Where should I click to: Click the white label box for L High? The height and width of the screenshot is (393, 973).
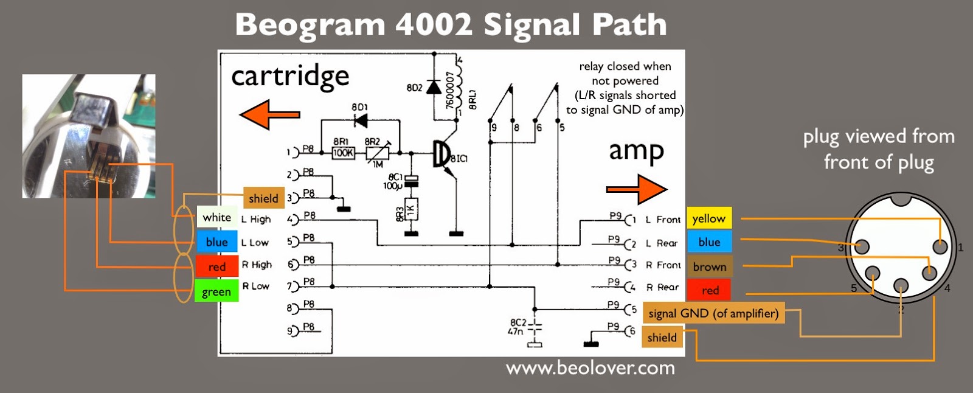[x=217, y=218]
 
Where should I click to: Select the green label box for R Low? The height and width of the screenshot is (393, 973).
[x=216, y=291]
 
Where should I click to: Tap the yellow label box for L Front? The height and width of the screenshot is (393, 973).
[x=708, y=218]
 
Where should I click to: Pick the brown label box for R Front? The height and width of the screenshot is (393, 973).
[x=709, y=266]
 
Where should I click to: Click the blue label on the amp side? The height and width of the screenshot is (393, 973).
[x=709, y=242]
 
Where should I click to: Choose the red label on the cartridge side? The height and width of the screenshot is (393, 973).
[x=216, y=266]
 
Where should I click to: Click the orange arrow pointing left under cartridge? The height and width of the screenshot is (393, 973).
[x=269, y=114]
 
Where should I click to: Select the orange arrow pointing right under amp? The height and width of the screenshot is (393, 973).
[x=637, y=189]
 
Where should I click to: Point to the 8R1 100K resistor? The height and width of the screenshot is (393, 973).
[x=343, y=153]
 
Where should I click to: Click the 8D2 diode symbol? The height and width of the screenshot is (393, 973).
[x=434, y=88]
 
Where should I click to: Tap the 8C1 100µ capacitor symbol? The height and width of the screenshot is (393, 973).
[x=412, y=180]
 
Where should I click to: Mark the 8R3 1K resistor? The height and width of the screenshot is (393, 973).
[x=411, y=210]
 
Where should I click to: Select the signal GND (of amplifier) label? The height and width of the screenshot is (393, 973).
[x=713, y=313]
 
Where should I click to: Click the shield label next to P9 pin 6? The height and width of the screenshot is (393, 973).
[x=662, y=338]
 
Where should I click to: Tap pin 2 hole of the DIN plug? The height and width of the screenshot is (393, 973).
[x=901, y=285]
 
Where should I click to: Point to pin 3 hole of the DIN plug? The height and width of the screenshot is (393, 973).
[x=862, y=246]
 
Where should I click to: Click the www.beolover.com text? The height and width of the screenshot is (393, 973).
[x=590, y=368]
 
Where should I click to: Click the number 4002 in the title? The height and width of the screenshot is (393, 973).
[x=434, y=25]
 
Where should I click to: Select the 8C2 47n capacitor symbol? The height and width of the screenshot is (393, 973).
[x=534, y=329]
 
